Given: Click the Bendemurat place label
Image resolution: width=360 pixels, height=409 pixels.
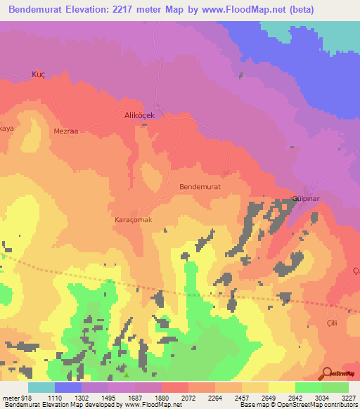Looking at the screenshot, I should (x=200, y=187).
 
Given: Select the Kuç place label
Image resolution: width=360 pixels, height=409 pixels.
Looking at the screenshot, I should (x=39, y=74).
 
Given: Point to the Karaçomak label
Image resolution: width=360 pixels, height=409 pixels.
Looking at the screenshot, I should (x=134, y=220).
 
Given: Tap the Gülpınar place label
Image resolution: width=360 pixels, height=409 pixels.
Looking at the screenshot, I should (x=307, y=200).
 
